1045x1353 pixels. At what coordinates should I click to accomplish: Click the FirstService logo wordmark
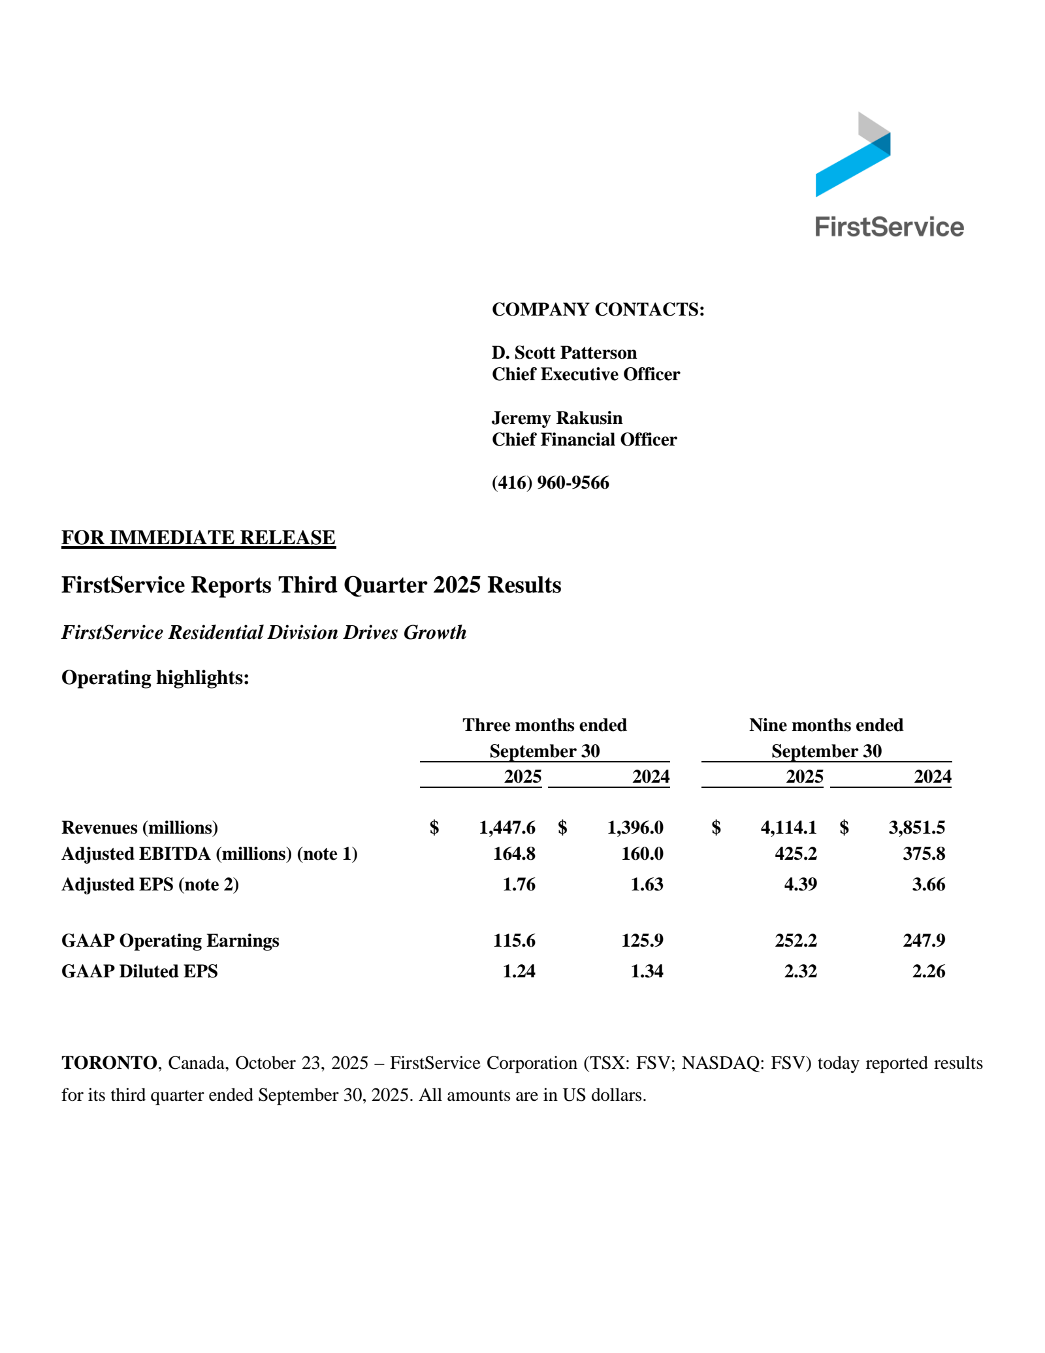point(889,227)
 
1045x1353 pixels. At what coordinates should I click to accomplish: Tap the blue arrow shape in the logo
point(849,170)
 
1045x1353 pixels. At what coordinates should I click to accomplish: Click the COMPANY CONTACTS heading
point(598,309)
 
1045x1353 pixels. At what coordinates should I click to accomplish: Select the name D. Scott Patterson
point(564,353)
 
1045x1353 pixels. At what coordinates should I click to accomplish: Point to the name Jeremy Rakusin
point(556,418)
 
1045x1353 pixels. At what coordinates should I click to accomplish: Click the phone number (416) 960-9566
point(550,483)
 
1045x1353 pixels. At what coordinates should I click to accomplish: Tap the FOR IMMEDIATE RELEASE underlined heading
point(198,537)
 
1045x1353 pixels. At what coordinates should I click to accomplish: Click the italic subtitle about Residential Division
point(263,632)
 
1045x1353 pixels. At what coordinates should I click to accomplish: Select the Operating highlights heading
point(155,677)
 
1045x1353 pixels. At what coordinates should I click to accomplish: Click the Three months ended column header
point(544,725)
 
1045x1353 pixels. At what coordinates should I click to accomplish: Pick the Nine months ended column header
point(826,725)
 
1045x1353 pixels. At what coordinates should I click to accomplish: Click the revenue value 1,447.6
point(507,828)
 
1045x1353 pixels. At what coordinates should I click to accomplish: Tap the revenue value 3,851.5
point(916,828)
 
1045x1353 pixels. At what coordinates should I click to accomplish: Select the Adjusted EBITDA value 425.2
point(795,854)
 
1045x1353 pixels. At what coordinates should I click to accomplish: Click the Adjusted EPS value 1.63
point(647,885)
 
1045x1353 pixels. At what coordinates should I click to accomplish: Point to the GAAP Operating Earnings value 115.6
point(514,941)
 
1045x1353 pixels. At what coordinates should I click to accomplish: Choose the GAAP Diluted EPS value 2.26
point(928,971)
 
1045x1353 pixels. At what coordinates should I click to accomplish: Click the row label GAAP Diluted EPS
point(139,971)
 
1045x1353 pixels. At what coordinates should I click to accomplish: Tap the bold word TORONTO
point(108,1063)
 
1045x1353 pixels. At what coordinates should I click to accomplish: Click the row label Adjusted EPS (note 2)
point(150,885)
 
